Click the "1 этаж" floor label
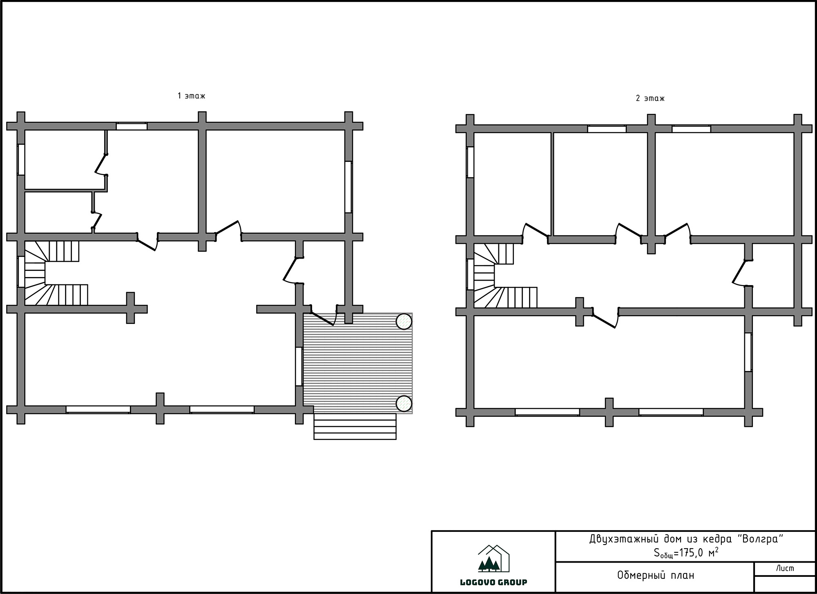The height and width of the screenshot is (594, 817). pyautogui.click(x=191, y=96)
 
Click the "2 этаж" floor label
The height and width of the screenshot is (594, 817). pyautogui.click(x=650, y=98)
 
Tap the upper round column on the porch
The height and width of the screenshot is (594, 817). pyautogui.click(x=404, y=322)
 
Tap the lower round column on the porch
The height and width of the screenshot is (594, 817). pyautogui.click(x=404, y=404)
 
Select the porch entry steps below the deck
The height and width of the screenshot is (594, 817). pyautogui.click(x=355, y=427)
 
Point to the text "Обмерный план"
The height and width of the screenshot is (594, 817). pyautogui.click(x=655, y=576)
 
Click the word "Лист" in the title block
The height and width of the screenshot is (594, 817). pyautogui.click(x=785, y=568)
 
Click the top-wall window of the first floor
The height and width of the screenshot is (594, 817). pyautogui.click(x=132, y=126)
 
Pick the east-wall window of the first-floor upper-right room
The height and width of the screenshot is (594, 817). pyautogui.click(x=348, y=187)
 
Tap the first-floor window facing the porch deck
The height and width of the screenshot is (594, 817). pyautogui.click(x=299, y=366)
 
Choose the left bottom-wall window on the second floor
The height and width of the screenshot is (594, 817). pyautogui.click(x=547, y=412)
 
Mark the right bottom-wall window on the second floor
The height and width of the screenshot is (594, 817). pyautogui.click(x=671, y=412)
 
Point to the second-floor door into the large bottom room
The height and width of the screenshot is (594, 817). pyautogui.click(x=605, y=318)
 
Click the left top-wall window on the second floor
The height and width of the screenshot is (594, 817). pyautogui.click(x=607, y=129)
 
